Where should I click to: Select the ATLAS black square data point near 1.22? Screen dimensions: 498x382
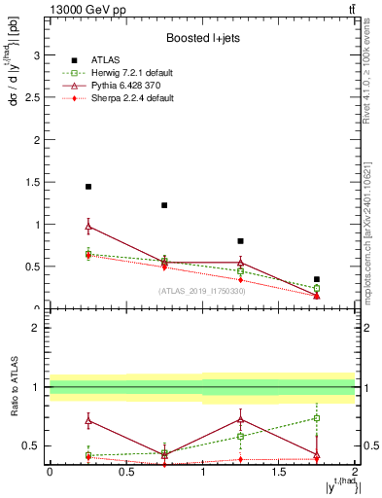(164, 205)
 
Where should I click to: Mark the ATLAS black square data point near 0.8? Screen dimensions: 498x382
(241, 241)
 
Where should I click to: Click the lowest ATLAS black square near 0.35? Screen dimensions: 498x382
(317, 279)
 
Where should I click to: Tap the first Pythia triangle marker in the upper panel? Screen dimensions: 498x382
(88, 227)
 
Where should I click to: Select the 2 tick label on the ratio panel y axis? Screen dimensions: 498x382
(37, 328)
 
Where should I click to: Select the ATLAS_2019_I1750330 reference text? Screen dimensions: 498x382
(202, 291)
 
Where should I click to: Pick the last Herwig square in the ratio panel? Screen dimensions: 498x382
(317, 418)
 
